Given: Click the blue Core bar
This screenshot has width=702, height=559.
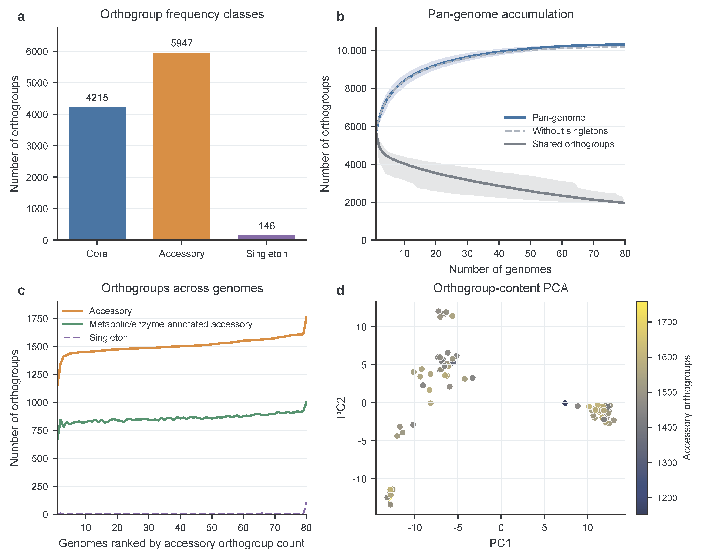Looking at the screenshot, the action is [x=97, y=174].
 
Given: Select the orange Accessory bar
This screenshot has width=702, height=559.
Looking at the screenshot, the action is [x=182, y=146].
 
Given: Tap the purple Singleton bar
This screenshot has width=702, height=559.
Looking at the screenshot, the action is [x=267, y=238].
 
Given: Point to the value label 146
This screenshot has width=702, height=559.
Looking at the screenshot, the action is [x=267, y=226].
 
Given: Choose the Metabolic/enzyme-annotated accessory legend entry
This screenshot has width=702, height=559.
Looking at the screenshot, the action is [x=157, y=324].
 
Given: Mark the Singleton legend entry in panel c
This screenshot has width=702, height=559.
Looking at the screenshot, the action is [x=95, y=338].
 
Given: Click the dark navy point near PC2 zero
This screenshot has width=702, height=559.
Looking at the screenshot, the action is [x=565, y=403].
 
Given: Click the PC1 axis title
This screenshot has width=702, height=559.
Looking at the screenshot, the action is [x=500, y=543].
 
